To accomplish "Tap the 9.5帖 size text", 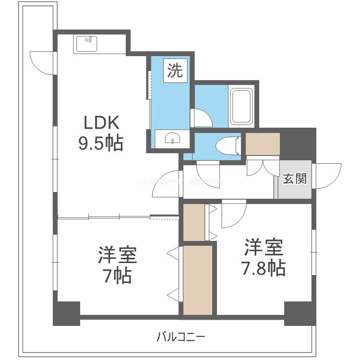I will coord(101,143).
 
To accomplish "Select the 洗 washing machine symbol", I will coord(175,72).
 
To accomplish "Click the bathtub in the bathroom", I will coord(241,106).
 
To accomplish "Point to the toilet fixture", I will coord(226,144).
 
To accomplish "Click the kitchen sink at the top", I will coord(87,44).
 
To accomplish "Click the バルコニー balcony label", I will coord(180,336).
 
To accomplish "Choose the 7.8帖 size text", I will coord(264,267).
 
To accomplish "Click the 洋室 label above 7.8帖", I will coord(264,247).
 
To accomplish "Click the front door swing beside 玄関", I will coord(327,175).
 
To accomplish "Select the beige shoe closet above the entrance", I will coord(262,143).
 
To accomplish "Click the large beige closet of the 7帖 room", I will coord(198,280).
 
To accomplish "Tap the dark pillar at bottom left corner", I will coord(66,313).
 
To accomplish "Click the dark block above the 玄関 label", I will coord(298,144).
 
